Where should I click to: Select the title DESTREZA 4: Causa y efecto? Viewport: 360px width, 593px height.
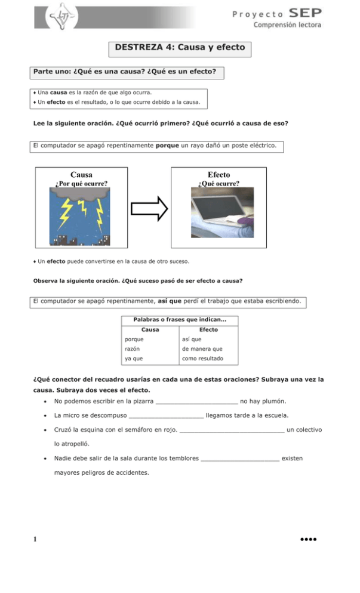click(180, 47)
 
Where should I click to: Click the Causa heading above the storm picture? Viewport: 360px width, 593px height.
click(81, 174)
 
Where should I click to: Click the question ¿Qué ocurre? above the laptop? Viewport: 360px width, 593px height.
click(219, 184)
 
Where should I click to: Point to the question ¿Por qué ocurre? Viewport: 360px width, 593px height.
click(81, 184)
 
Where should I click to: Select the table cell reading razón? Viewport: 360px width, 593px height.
click(133, 348)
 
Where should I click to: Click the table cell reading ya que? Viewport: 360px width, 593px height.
click(133, 358)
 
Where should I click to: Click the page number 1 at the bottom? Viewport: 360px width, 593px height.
click(35, 540)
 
